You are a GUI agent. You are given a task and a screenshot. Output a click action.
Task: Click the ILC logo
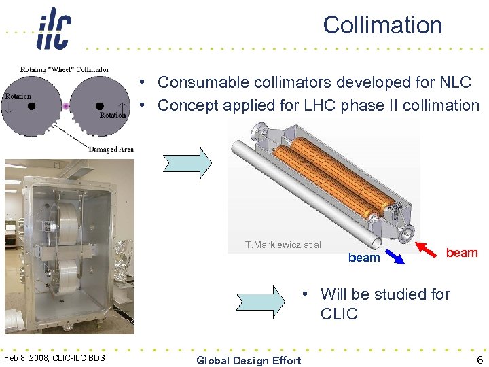coord(53,29)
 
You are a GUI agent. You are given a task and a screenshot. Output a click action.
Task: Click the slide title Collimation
coord(382,25)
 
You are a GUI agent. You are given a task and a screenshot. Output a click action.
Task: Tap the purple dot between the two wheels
coord(66,106)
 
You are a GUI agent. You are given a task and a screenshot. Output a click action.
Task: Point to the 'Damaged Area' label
coord(111,149)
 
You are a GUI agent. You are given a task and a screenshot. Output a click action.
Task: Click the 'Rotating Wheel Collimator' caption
coord(65,69)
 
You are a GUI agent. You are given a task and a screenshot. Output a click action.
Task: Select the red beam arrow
coord(427,245)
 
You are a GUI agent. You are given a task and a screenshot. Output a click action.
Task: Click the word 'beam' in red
coord(462,253)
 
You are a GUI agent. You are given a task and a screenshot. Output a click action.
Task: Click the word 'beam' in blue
coord(364,258)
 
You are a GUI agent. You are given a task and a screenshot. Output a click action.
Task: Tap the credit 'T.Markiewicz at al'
coord(283,245)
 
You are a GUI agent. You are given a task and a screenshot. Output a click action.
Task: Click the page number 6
coord(479,360)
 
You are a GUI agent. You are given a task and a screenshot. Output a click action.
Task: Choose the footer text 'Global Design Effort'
coord(248,360)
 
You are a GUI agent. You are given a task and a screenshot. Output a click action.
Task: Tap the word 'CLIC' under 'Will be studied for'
coord(339,314)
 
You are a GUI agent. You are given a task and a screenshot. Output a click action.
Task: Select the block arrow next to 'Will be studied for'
coord(261,300)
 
